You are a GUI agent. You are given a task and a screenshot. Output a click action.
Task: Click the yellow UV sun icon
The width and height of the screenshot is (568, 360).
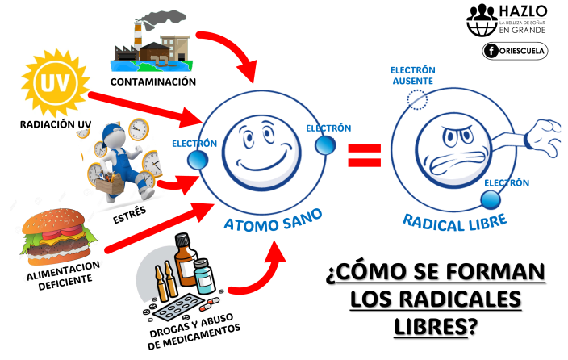pos(55,83)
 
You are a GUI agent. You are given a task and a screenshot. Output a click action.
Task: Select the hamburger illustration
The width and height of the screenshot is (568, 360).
pos(56,237)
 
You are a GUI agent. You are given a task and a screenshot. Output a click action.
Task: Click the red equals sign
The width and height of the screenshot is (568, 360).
pos(364,154)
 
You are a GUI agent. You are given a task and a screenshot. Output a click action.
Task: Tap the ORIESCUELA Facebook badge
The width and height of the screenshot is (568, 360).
pos(515,51)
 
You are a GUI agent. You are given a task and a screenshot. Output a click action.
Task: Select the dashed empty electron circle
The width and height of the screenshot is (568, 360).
pos(415,99)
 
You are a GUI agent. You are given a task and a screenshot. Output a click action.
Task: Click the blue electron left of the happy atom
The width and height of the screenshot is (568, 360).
pos(197,161)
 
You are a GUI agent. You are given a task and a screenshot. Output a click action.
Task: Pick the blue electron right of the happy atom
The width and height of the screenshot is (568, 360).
pos(324,144)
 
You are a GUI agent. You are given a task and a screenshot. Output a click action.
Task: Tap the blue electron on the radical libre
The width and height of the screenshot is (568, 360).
pos(491,198)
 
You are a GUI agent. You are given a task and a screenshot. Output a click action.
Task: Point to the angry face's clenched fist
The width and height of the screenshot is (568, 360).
pos(545,133)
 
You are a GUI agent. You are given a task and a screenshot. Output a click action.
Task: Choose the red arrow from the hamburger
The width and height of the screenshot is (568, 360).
pos(153,231)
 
